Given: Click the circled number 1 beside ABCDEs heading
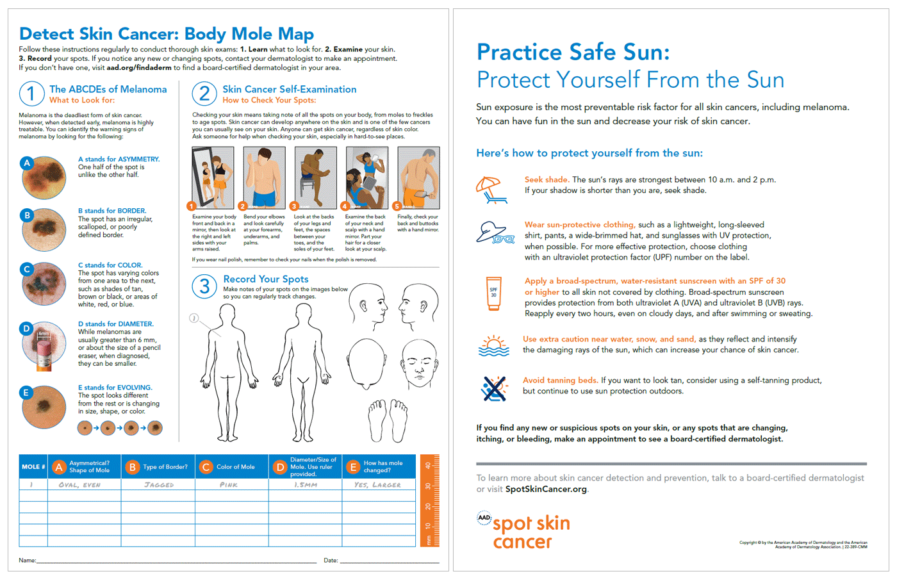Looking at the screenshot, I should (x=31, y=94).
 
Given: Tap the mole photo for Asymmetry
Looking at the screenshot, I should (x=44, y=177).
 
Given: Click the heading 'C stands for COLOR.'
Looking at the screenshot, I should (x=110, y=265).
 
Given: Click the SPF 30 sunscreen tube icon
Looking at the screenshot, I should (x=493, y=293).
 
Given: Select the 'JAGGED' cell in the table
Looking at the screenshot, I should (x=159, y=485).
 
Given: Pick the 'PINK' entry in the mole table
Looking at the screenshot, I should (x=229, y=485).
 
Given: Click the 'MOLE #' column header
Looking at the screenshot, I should (x=33, y=467).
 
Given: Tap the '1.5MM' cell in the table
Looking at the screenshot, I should (x=306, y=485).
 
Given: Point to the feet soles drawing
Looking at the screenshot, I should (x=388, y=421).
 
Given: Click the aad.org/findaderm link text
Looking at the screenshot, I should (x=139, y=67).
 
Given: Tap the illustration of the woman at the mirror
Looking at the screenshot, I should (x=213, y=177).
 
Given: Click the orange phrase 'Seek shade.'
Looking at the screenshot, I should (x=547, y=180).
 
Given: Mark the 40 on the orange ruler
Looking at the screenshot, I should (x=428, y=466).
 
